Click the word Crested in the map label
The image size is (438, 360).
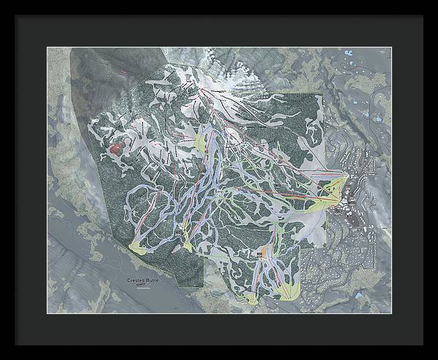tap(137, 280)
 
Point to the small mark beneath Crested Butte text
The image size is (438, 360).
tap(145, 286)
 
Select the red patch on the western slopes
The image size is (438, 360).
tap(115, 149)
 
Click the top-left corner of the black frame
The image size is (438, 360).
tap(16, 15)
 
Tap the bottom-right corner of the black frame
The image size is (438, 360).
tap(423, 345)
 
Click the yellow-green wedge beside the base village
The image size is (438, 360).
tap(329, 192)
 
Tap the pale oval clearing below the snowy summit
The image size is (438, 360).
tap(233, 134)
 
